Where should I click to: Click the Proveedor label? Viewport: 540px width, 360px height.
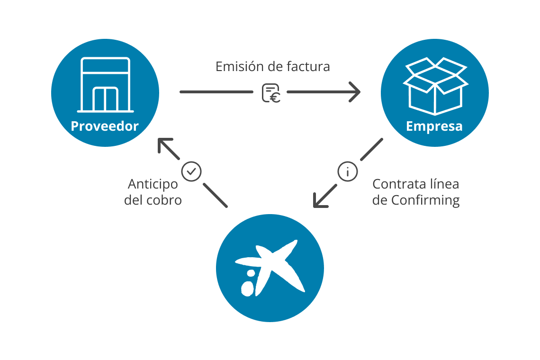(x=105, y=126)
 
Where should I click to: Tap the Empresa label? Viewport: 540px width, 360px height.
(x=434, y=127)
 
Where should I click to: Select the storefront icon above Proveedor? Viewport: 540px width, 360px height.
(x=105, y=85)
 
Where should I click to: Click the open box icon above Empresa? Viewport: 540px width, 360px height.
(x=435, y=85)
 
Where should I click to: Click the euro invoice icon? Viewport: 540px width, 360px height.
(x=271, y=93)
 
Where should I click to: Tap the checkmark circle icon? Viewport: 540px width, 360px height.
(x=192, y=171)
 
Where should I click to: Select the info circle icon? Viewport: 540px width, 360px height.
(x=348, y=171)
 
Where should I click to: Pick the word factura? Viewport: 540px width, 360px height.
(x=308, y=66)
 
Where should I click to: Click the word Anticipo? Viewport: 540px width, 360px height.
(x=153, y=184)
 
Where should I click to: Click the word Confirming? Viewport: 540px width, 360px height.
(x=425, y=200)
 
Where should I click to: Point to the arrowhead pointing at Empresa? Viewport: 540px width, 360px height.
(x=355, y=92)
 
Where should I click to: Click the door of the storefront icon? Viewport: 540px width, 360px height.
(x=105, y=99)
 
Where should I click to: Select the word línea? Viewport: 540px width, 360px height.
(x=443, y=184)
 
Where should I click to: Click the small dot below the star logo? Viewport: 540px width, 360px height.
(x=248, y=287)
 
